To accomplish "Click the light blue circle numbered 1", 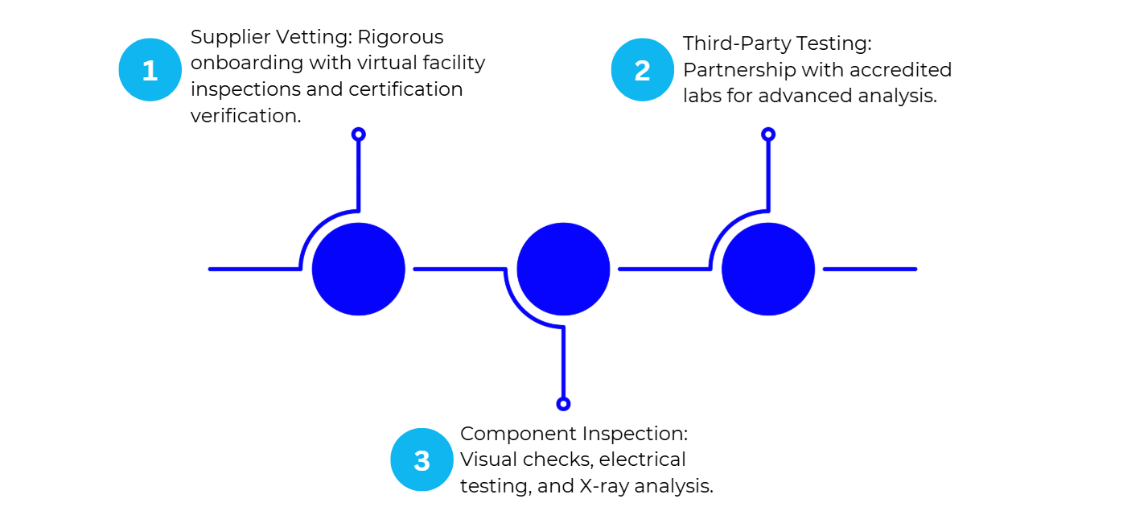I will click(x=150, y=70).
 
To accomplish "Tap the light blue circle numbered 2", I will click(x=642, y=70).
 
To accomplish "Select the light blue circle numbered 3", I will click(x=422, y=460).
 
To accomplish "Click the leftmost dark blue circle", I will click(x=359, y=269).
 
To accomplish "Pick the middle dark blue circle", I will click(x=563, y=269).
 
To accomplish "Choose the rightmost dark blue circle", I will click(x=768, y=269).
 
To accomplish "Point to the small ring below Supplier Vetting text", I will click(x=359, y=134).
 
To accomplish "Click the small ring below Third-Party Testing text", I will click(x=768, y=134).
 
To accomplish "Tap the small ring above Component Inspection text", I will click(x=563, y=404).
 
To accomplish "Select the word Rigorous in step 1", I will click(x=401, y=38).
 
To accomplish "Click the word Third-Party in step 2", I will click(x=734, y=43).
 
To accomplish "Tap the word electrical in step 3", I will click(x=643, y=460).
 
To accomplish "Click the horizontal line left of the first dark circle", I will click(x=253, y=269).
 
